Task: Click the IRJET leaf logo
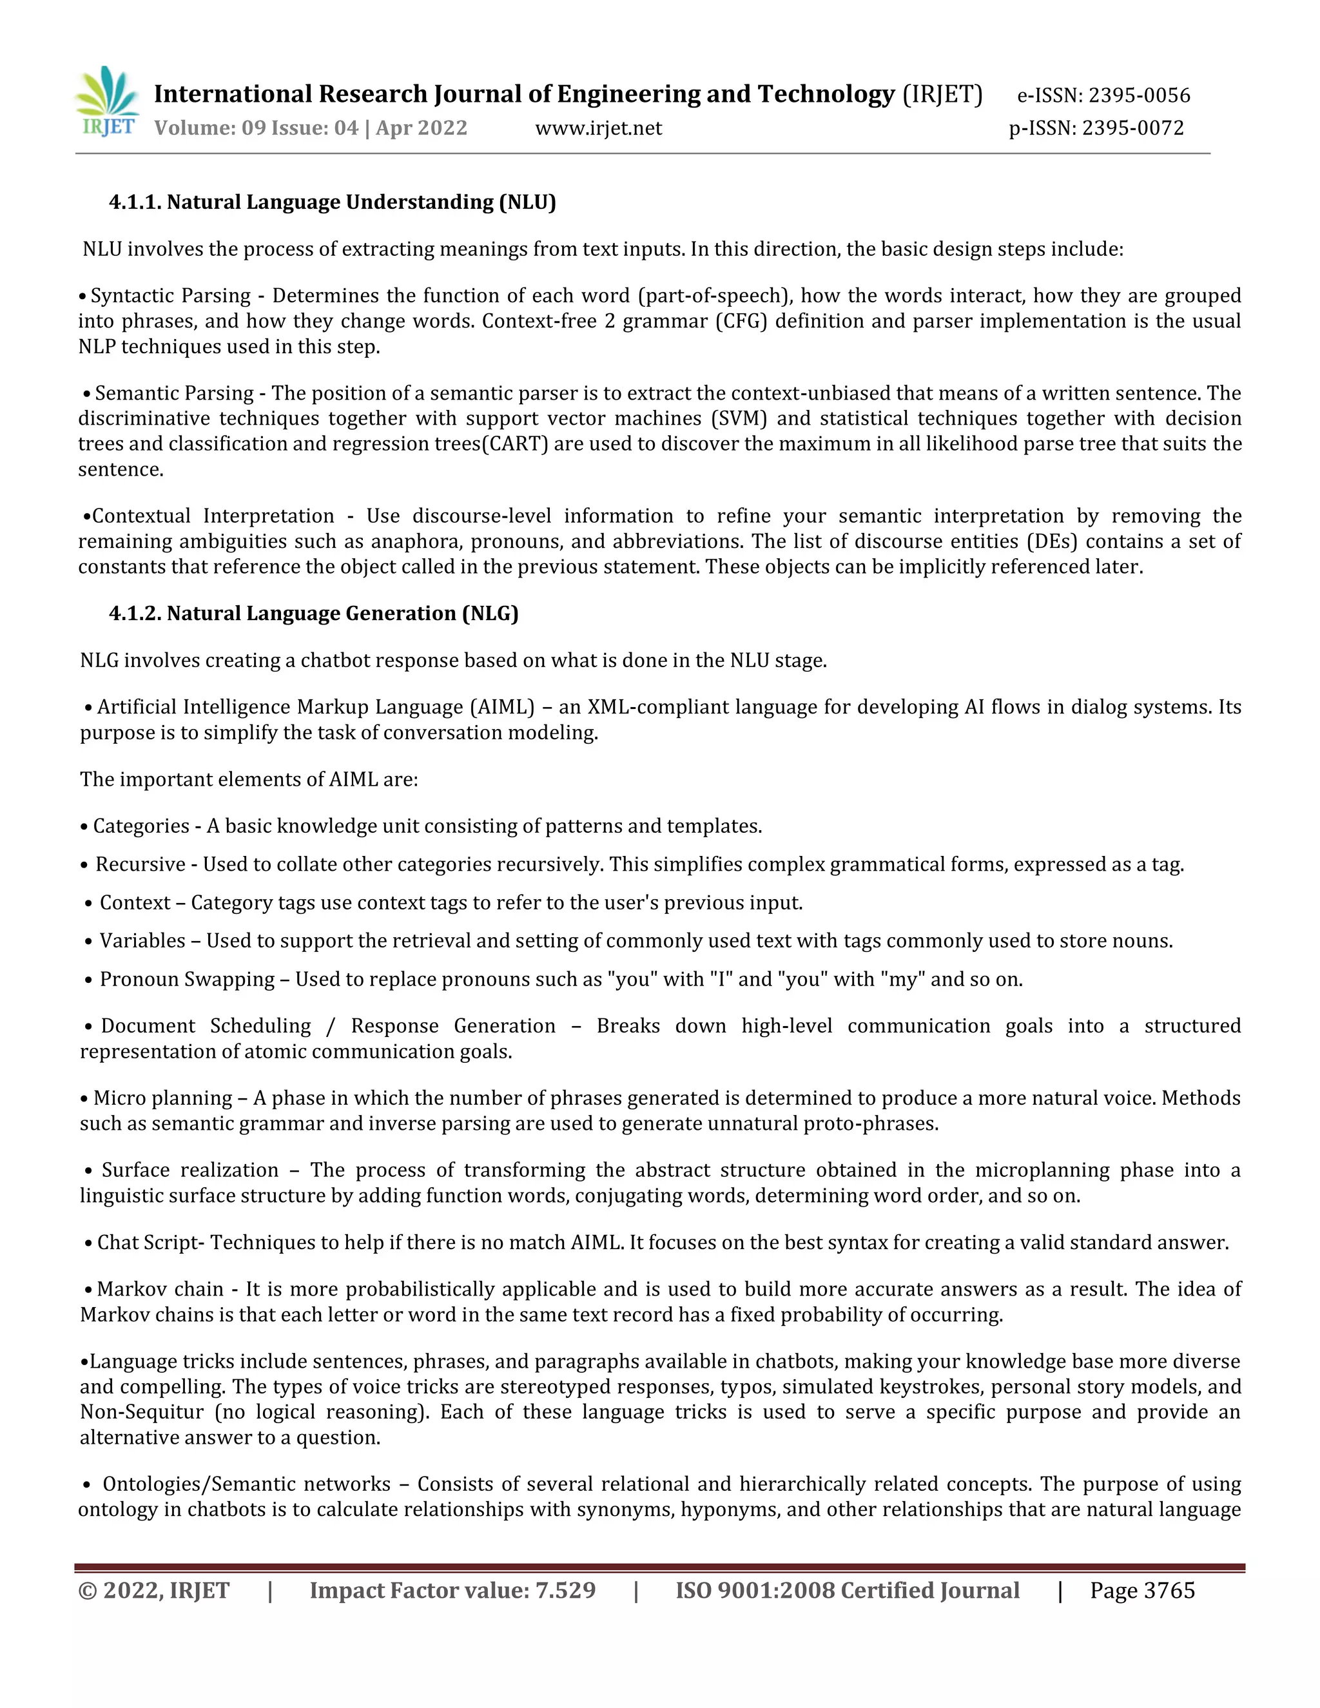[x=108, y=100]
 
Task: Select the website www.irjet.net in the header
[x=598, y=128]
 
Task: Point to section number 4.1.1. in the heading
[x=135, y=202]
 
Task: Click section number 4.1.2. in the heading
[x=135, y=613]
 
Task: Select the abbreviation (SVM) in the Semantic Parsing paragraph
[x=739, y=418]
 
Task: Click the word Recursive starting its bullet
[x=140, y=864]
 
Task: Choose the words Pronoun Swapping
[x=187, y=979]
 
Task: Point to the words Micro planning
[x=162, y=1098]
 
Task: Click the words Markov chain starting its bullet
[x=160, y=1289]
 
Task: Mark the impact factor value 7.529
[x=565, y=1591]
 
